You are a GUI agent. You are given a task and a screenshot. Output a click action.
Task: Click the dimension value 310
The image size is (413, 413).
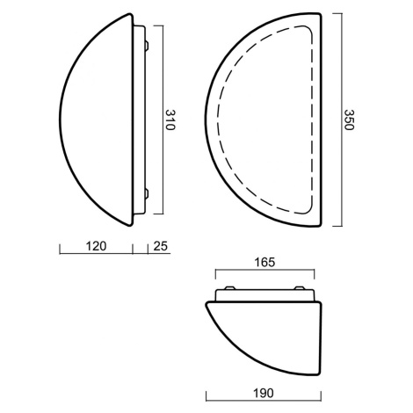170,120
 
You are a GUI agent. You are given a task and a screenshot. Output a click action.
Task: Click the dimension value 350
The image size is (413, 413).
349,120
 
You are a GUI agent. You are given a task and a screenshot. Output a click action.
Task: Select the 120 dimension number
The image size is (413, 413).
96,246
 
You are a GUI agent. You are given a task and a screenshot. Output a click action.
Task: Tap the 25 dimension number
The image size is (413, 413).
161,246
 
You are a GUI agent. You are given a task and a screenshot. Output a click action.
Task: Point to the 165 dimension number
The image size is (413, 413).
264,262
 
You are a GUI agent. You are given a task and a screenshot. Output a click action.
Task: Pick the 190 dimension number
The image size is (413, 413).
264,393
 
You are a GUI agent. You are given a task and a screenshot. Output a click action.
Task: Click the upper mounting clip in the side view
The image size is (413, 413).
147,46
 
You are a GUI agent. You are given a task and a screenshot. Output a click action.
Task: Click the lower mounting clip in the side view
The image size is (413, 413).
147,193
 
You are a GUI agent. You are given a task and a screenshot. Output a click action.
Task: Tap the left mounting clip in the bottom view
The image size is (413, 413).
229,288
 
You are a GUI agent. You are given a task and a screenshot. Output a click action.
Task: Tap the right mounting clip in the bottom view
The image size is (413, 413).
300,288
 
